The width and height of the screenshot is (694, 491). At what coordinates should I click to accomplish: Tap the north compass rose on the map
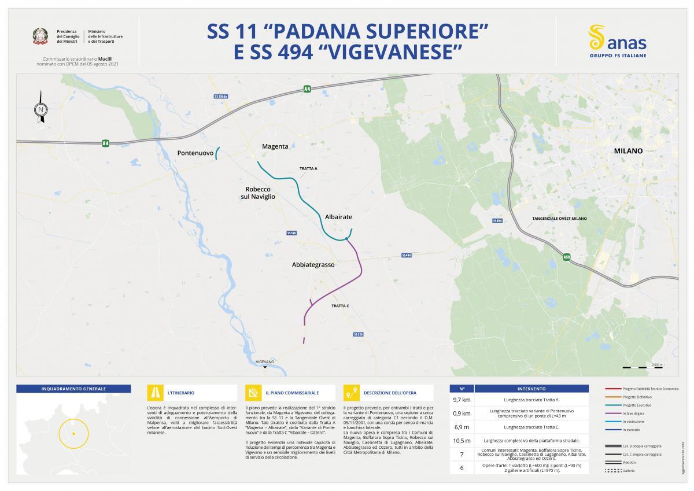point(40,108)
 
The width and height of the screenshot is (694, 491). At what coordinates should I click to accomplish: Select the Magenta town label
point(275,146)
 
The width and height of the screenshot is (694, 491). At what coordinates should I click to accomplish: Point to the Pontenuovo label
point(195,153)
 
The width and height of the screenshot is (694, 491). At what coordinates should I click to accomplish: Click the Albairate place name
point(338,216)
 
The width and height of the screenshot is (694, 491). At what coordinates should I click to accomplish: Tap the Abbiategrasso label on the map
point(313,264)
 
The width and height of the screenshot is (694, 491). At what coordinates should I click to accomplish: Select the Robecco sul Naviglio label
point(258,193)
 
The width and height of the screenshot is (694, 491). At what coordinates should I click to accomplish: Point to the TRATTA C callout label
point(340,305)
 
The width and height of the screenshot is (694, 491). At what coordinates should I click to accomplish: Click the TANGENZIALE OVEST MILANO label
point(559,219)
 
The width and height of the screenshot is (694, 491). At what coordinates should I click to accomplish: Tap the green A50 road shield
point(567,255)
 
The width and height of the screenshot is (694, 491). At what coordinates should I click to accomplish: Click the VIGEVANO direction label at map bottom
point(265,361)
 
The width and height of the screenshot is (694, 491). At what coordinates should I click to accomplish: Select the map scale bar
point(634,367)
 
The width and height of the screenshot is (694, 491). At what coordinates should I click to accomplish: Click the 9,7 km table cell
point(462,400)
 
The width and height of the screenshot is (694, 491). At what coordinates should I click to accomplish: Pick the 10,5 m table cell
point(462,441)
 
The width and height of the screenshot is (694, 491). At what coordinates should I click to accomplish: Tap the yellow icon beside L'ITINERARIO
point(156,393)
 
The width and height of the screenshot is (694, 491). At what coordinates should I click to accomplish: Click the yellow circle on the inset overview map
point(73,433)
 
